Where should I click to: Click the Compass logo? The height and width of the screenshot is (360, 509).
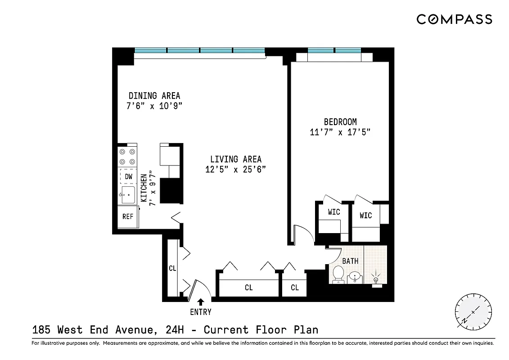(x=454, y=19)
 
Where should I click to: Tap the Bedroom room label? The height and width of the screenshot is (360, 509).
(x=340, y=121)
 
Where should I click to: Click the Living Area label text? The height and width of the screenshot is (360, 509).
(x=235, y=159)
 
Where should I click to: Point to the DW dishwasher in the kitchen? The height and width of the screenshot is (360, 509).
(x=128, y=176)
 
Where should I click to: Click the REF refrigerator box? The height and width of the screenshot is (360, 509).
(x=128, y=216)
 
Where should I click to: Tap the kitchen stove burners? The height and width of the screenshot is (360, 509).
(x=127, y=157)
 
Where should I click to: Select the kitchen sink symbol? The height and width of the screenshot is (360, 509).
(x=128, y=195)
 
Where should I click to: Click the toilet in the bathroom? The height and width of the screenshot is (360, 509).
(x=338, y=275)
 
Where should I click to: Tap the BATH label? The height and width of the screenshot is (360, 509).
(x=350, y=261)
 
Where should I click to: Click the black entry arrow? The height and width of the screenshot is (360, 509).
(x=201, y=301)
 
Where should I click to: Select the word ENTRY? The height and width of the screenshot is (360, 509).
(x=200, y=312)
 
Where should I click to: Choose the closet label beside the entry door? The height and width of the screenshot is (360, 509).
(x=172, y=268)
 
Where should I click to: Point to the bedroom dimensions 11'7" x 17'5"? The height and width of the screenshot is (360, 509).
(x=340, y=132)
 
